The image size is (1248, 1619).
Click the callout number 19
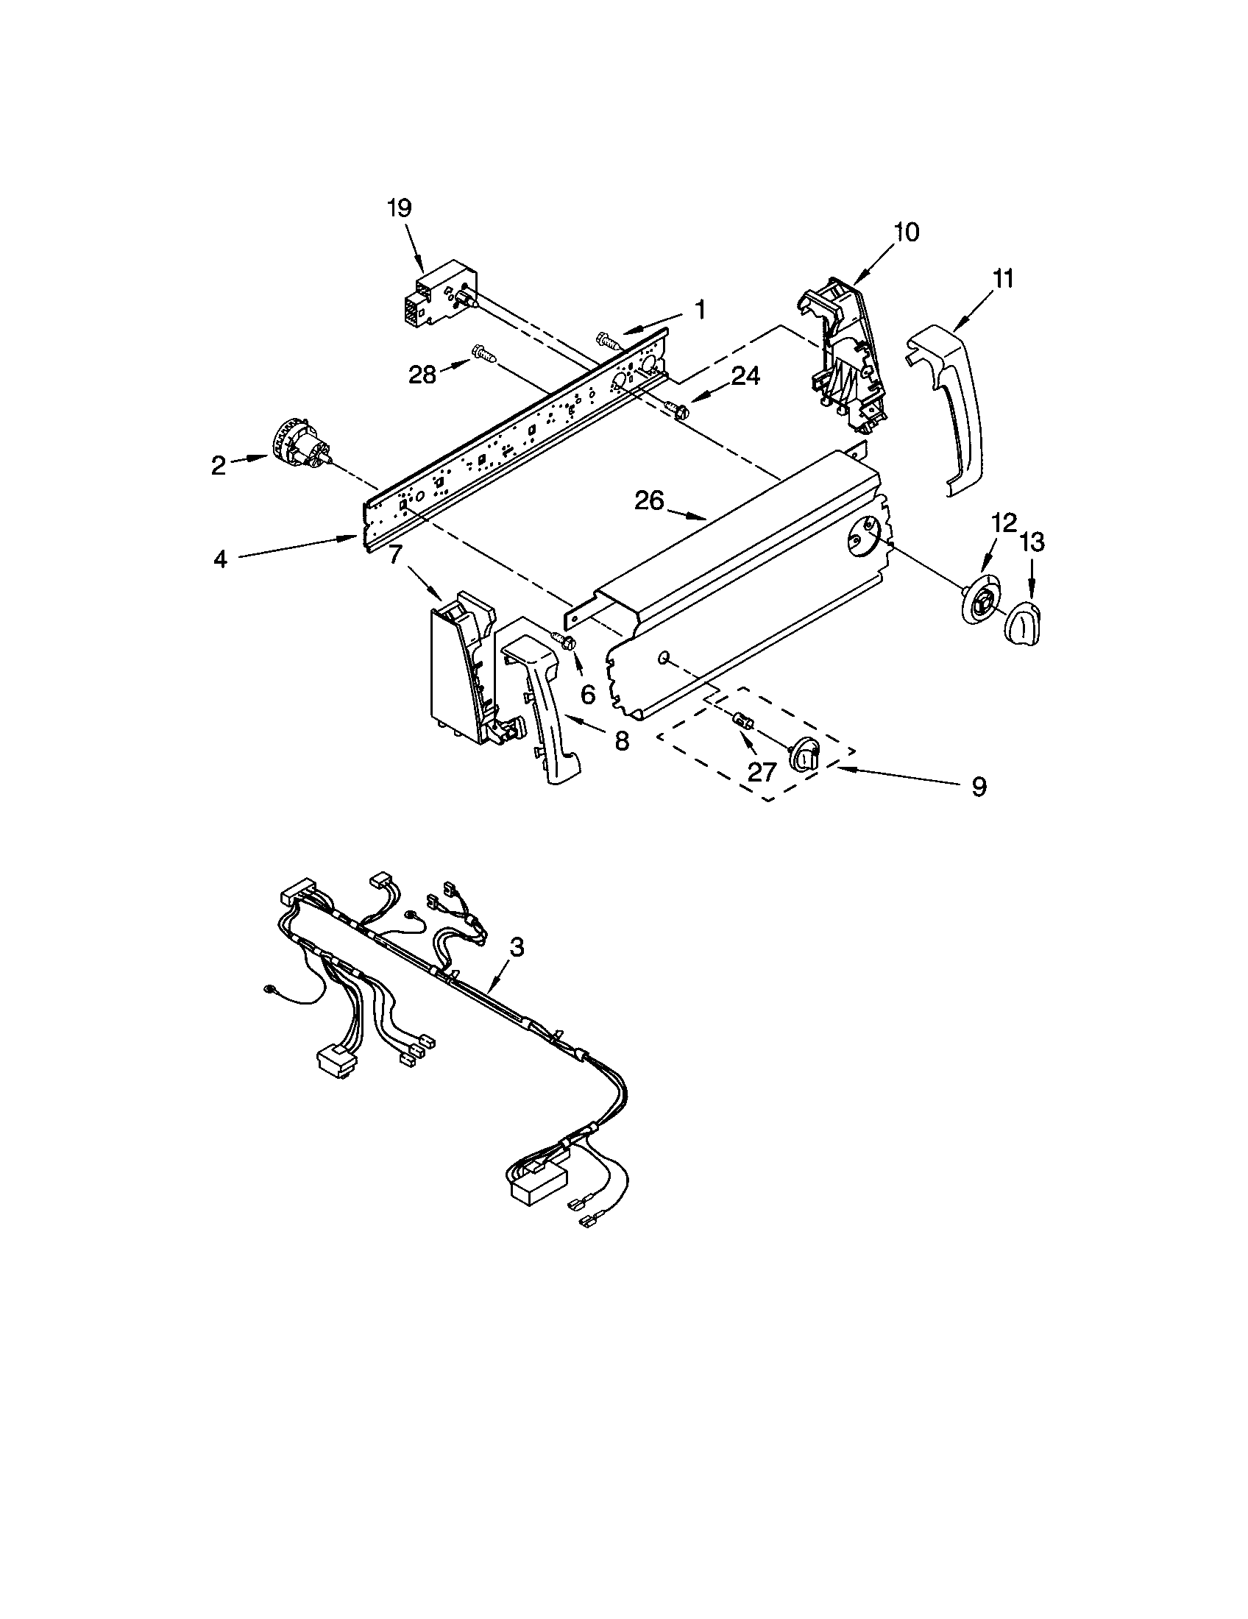tap(399, 208)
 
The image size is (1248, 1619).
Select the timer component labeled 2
tap(302, 446)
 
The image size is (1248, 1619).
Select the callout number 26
tap(649, 501)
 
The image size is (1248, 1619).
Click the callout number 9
tap(979, 787)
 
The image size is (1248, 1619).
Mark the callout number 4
tap(220, 559)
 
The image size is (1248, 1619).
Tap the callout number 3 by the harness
tap(517, 946)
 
